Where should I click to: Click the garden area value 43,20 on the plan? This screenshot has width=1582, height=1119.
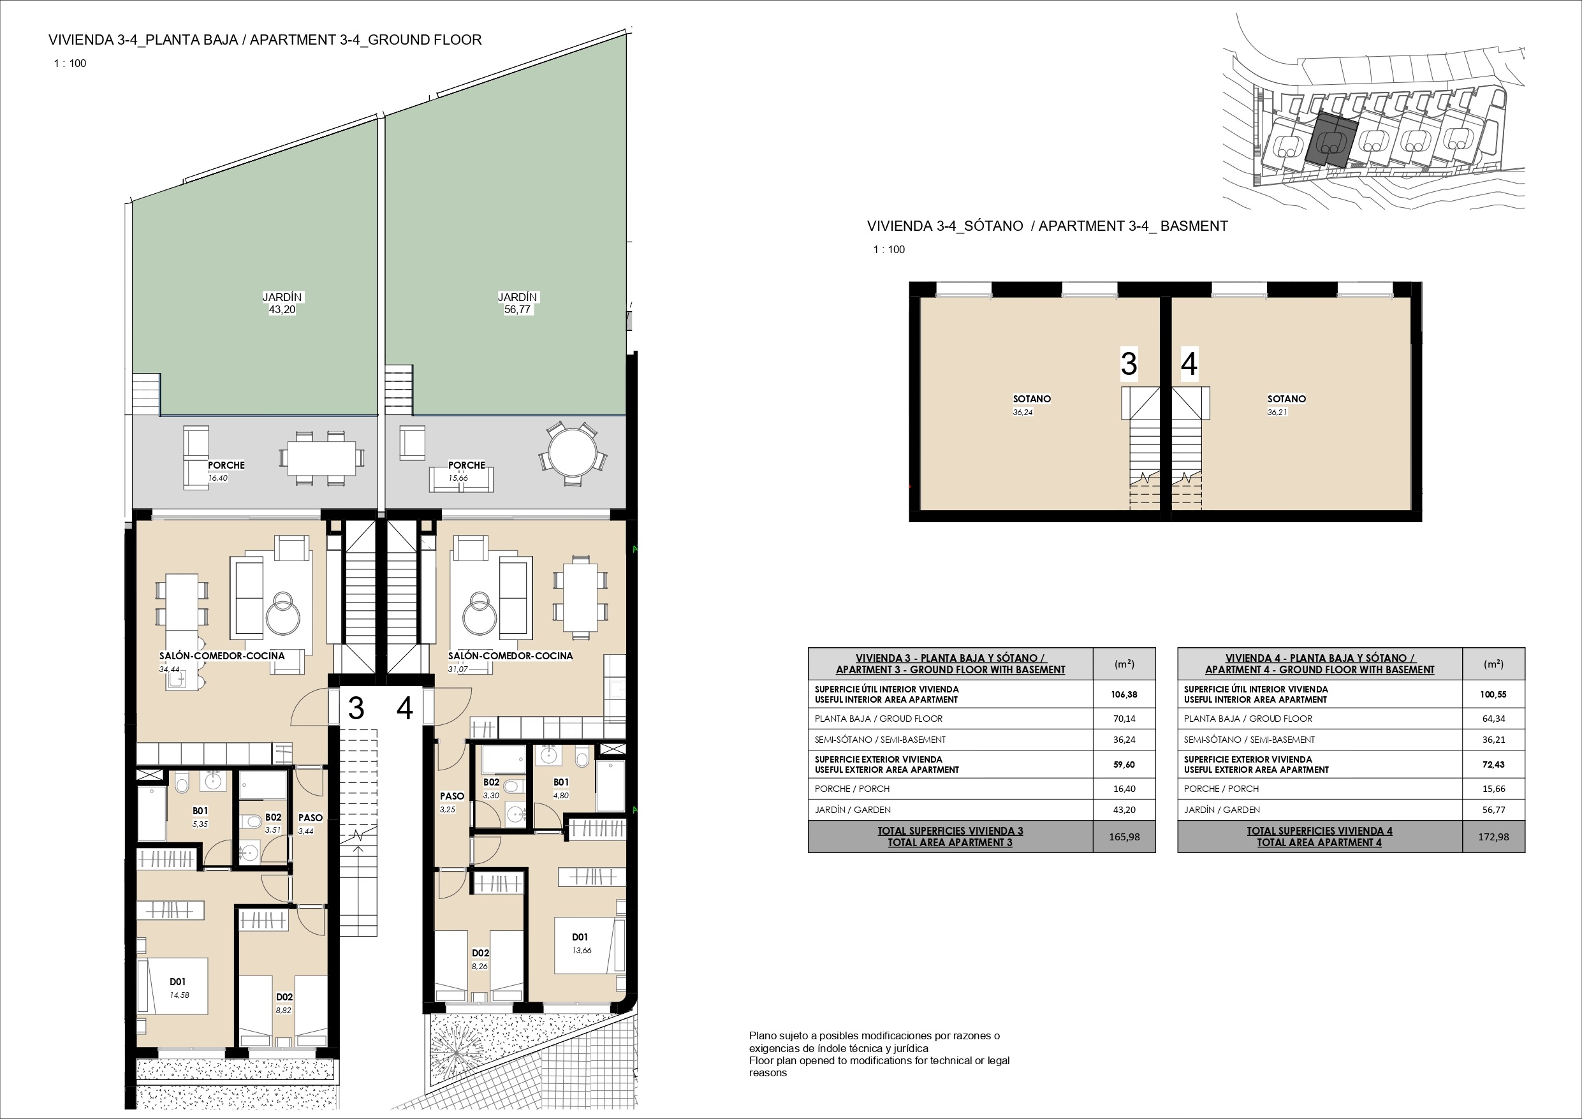coord(282,310)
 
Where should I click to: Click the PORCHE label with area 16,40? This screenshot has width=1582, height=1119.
coord(226,465)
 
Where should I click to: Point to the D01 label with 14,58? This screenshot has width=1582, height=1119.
coord(178,982)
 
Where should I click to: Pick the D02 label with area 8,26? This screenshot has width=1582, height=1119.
coord(480,953)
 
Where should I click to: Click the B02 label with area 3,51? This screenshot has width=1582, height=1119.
coord(273,817)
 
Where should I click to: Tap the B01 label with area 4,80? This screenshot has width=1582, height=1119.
coord(561,782)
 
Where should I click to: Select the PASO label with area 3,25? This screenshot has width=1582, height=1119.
coord(452,796)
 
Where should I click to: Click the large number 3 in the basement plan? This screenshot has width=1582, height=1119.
coord(1129,364)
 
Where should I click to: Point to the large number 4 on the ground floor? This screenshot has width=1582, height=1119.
coord(404,708)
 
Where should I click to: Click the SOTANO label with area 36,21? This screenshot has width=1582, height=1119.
coord(1286,399)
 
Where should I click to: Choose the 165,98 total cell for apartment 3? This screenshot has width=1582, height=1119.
coord(1124,837)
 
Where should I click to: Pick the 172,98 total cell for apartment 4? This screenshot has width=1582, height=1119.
coord(1493,837)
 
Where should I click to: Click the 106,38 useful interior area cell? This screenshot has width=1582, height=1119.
coord(1124,694)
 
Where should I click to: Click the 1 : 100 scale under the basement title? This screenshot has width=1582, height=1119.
coord(889,249)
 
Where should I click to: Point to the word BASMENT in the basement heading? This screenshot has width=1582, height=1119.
coord(1194,226)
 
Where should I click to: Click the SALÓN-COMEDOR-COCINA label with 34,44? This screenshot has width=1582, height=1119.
coord(222,656)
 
